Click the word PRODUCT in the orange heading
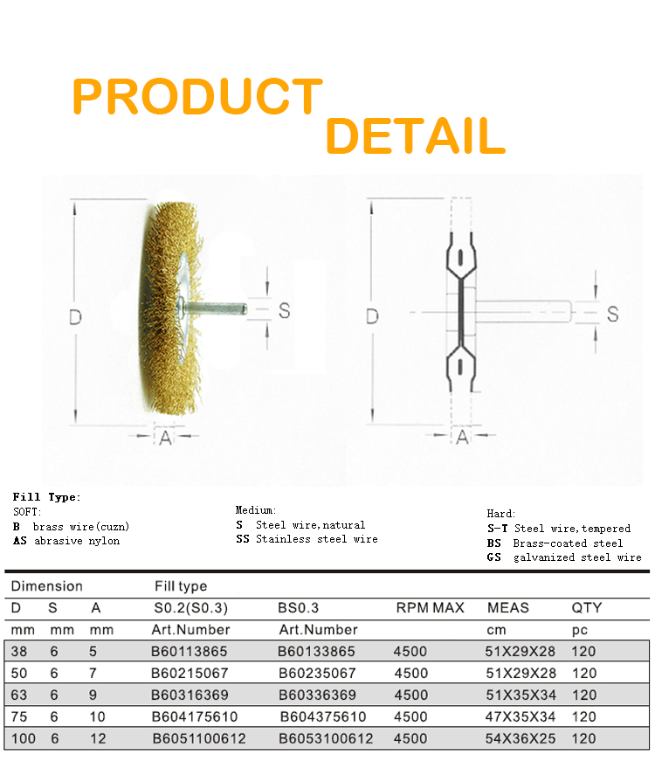click(197, 96)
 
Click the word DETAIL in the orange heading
click(416, 135)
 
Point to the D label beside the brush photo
click(75, 317)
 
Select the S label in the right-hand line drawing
click(612, 315)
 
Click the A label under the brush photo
click(165, 438)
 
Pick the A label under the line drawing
click(463, 437)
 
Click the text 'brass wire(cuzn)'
click(81, 527)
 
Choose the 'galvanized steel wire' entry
click(578, 557)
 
